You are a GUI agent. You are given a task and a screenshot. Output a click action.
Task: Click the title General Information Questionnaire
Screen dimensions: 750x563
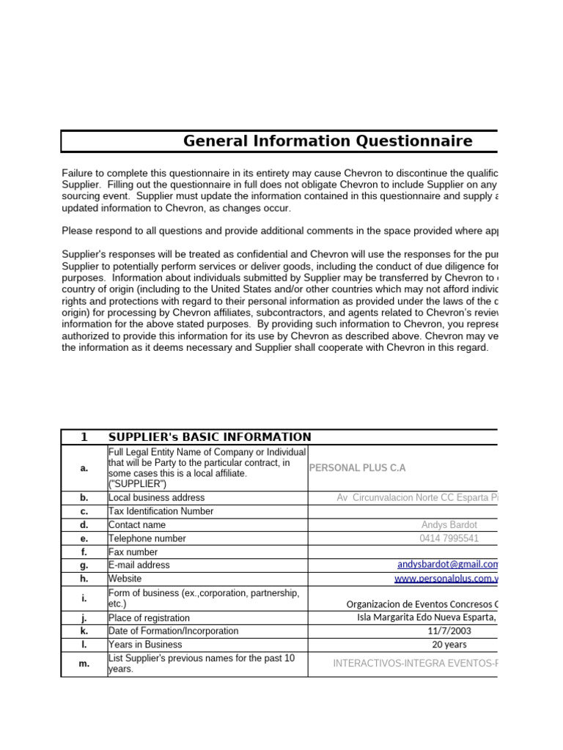point(327,141)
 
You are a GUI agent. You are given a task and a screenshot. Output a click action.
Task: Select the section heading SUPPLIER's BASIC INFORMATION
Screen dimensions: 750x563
point(210,437)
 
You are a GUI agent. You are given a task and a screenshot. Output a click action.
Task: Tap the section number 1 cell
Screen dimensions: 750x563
point(84,437)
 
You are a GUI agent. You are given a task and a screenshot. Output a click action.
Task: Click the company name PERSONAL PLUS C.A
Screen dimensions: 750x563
point(357,468)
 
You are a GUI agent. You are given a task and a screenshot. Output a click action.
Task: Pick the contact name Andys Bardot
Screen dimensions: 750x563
point(449,525)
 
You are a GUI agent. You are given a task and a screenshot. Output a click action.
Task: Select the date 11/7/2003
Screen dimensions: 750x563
point(449,631)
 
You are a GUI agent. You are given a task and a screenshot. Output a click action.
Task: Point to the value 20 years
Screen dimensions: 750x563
point(449,645)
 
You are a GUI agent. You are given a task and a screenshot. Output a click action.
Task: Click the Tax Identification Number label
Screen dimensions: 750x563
point(161,511)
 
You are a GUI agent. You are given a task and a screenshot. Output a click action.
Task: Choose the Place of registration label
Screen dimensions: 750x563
point(149,618)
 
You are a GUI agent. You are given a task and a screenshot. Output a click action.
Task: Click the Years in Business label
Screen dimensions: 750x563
point(144,645)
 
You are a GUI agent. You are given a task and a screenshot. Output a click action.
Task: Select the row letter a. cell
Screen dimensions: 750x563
point(84,468)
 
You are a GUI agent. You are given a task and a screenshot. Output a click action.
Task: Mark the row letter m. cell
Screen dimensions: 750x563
point(84,664)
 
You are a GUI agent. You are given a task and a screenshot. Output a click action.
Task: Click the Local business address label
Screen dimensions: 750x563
point(156,498)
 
